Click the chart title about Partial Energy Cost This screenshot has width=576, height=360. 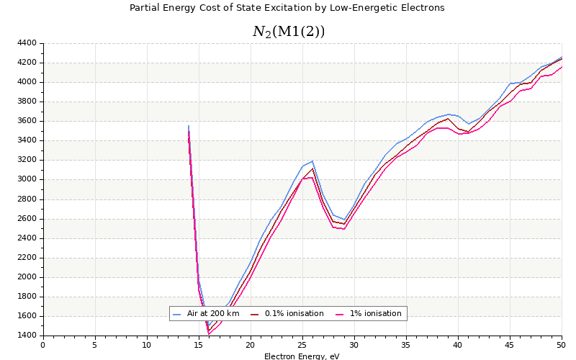click(287, 8)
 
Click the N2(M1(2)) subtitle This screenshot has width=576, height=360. click(289, 32)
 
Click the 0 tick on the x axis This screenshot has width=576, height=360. click(43, 345)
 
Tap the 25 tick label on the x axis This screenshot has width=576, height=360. click(302, 345)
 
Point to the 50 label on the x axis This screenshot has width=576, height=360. click(561, 345)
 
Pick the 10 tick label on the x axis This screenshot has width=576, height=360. click(147, 345)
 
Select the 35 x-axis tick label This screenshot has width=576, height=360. click(406, 345)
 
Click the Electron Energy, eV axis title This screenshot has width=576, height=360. click(302, 356)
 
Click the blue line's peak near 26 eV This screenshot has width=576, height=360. click(312, 161)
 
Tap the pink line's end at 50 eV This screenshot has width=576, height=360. click(562, 66)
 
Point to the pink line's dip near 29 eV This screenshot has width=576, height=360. click(344, 229)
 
